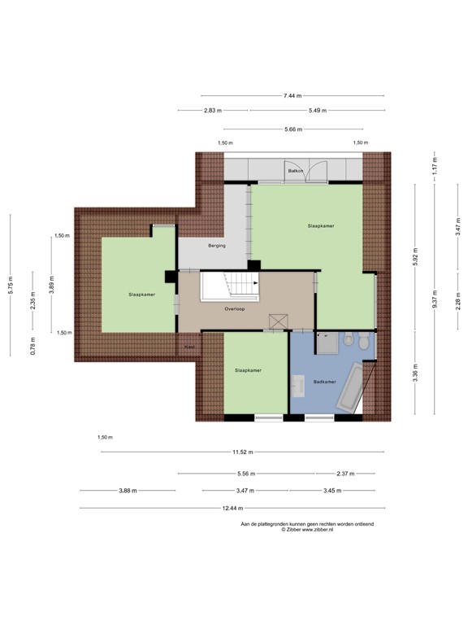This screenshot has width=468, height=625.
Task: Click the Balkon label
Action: (295, 172)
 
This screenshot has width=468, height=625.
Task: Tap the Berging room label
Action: (216, 245)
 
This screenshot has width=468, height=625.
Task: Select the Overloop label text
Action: (235, 309)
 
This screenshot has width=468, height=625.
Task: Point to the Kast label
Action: (189, 347)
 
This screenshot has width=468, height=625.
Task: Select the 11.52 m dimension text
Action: (241, 452)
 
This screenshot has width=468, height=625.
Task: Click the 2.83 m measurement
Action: (213, 111)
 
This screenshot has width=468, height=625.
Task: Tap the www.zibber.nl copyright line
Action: (307, 530)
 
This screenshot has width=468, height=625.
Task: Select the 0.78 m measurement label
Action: (32, 346)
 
